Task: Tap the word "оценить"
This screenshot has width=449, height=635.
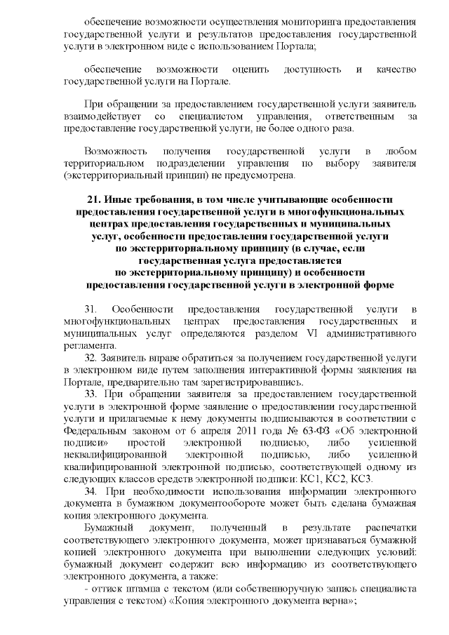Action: pos(246,69)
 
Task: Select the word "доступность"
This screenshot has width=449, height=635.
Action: pos(312,69)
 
